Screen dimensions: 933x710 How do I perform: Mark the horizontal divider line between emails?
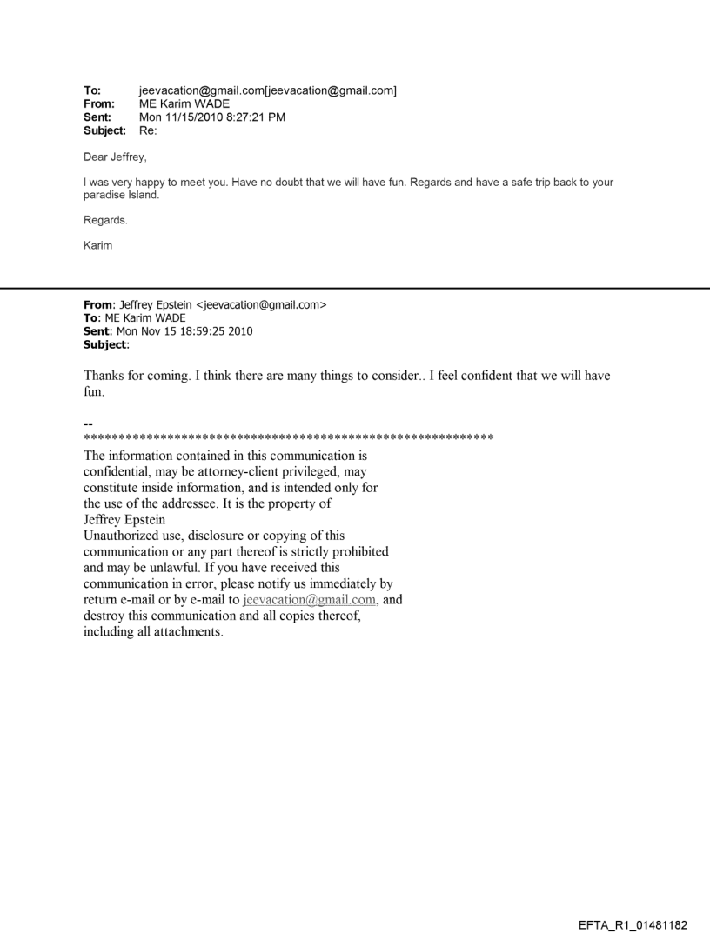(355, 288)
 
